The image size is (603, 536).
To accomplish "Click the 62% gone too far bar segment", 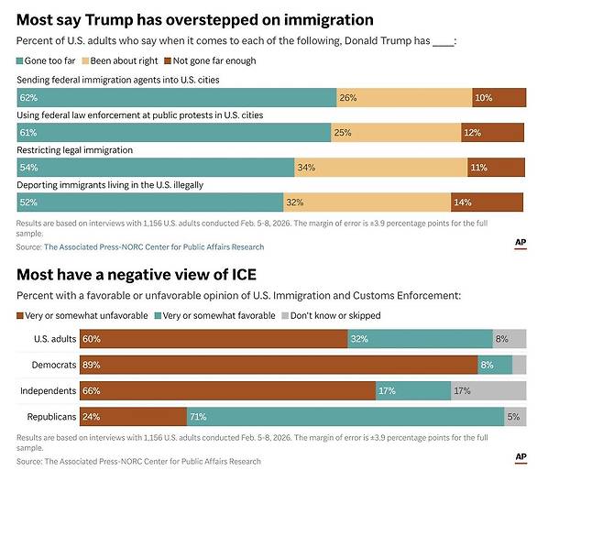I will (x=177, y=98).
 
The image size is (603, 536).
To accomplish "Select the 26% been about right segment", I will (x=404, y=98).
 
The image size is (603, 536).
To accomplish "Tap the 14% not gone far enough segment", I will (x=487, y=202).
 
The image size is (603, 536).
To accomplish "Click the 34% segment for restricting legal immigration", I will (x=380, y=168).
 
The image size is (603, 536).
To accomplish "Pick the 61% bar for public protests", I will (x=174, y=133).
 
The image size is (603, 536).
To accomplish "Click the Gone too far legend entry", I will (x=45, y=60).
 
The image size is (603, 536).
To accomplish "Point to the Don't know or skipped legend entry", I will (x=334, y=315).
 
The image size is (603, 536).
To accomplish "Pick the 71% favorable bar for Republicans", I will (x=345, y=418).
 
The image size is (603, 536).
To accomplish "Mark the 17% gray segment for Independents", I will (x=488, y=391).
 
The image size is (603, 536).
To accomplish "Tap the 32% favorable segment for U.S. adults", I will (x=420, y=339).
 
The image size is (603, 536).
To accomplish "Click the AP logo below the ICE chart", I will (x=521, y=457).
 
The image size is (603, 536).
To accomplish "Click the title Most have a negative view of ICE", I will (x=137, y=274).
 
